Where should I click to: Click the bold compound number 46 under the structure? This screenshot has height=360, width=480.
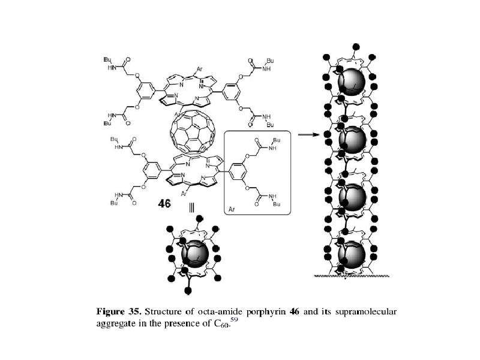pos(164,203)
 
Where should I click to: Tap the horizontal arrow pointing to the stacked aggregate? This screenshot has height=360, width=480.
pos(308,134)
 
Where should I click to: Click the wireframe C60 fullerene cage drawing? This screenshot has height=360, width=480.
pos(193,131)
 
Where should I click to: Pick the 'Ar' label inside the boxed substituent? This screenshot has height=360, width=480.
pos(232,209)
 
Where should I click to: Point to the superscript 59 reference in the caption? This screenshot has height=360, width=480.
pos(235,319)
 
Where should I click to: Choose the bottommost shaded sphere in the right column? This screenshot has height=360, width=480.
pos(352,255)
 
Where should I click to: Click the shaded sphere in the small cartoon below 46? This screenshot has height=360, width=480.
pos(195,254)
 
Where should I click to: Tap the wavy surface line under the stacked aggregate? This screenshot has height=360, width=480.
pos(352,276)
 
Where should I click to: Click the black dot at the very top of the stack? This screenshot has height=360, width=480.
pos(356,47)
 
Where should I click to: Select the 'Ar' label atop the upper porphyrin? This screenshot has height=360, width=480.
pos(200,69)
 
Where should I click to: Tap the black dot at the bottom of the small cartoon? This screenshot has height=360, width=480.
pos(188,290)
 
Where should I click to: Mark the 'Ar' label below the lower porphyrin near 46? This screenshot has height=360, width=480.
pos(184,193)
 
